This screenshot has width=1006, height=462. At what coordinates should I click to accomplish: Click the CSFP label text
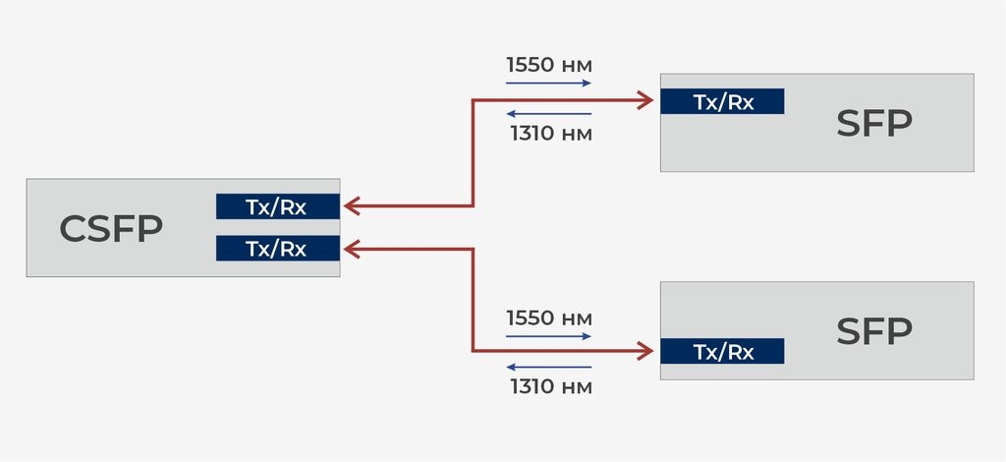111,229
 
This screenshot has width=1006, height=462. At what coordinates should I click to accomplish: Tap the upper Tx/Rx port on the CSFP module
277,206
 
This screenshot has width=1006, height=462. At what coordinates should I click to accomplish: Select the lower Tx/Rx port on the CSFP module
277,249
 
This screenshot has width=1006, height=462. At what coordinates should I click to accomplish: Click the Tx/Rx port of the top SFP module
722,101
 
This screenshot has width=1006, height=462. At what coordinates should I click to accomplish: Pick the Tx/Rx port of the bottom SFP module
722,352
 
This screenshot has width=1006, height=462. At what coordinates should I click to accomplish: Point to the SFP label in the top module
874,124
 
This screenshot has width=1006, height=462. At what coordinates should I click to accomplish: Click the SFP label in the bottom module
874,332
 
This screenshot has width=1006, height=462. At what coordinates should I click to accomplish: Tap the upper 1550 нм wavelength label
549,66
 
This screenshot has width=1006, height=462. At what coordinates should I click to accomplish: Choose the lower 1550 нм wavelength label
549,318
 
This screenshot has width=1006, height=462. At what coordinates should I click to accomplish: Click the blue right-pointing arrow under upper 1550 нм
549,84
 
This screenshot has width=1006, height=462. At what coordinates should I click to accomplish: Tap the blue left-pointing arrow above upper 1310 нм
549,114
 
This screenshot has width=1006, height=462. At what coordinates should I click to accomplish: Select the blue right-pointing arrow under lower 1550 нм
549,336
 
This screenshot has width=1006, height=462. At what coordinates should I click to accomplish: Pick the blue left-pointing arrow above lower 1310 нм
549,367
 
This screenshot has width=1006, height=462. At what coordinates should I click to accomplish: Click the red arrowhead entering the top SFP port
646,99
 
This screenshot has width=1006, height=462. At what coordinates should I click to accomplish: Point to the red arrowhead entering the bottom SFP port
646,350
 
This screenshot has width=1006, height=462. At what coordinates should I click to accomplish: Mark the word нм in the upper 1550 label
576,67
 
